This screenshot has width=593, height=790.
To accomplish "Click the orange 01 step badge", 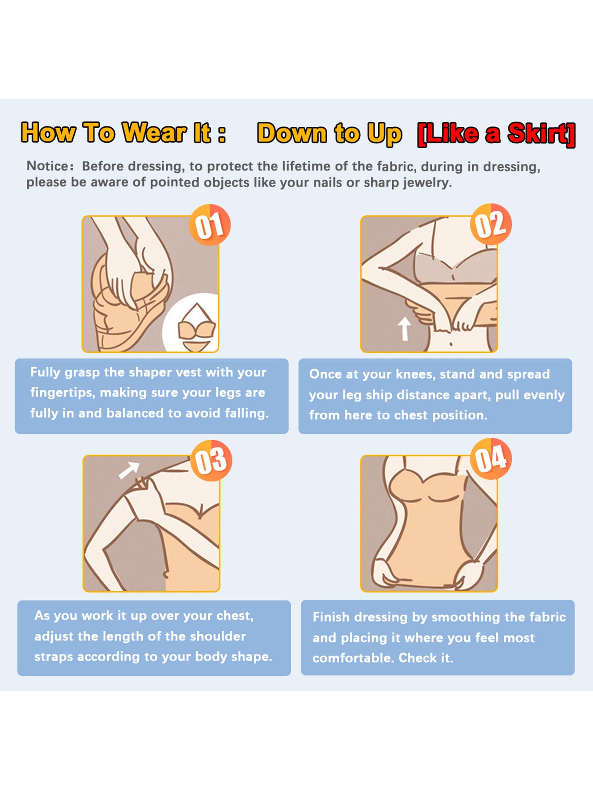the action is [x=210, y=225].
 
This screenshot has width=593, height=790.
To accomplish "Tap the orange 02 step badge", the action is [x=491, y=224].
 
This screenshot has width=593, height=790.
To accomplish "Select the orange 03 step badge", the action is [x=211, y=460].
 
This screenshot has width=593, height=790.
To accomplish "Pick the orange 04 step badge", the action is [x=491, y=459].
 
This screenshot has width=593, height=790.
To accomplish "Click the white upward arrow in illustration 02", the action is [x=404, y=329].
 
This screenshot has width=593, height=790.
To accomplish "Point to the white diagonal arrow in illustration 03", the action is [x=129, y=470].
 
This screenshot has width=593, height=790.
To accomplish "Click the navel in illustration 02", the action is [x=451, y=345].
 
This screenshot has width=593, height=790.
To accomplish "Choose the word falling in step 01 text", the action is [x=246, y=413].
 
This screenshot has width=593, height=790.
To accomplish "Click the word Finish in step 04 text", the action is [x=332, y=617].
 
